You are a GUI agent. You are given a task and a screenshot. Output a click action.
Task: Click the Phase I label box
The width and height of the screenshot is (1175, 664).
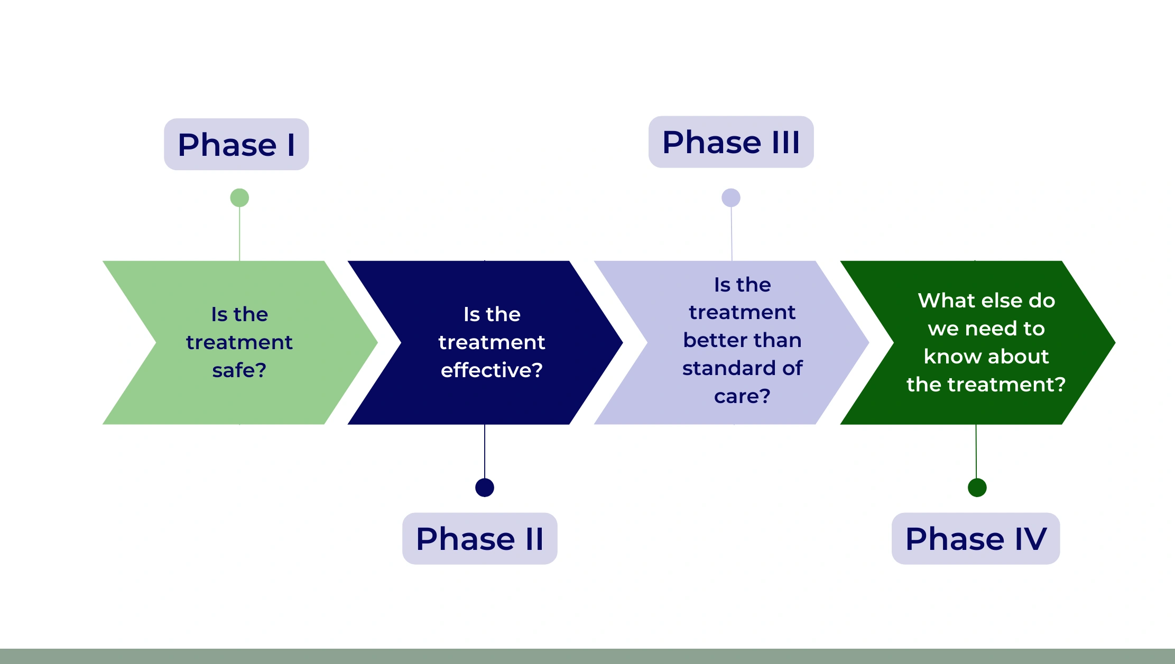236,144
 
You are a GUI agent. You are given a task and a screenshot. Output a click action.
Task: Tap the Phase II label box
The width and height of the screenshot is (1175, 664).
479,538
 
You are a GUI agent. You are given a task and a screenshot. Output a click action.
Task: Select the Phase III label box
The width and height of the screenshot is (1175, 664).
731,142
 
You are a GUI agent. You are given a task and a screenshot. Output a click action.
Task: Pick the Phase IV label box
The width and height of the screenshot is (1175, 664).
976,538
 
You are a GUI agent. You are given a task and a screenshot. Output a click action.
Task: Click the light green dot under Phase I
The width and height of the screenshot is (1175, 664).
239,198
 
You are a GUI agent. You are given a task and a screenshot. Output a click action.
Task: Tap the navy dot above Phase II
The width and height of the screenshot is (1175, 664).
485,487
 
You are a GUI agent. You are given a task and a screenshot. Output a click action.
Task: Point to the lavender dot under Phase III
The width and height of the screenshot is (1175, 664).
731,198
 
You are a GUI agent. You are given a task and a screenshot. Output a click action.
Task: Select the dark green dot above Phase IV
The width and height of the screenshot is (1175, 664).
977,487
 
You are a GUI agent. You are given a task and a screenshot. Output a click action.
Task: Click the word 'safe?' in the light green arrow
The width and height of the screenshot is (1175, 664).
239,370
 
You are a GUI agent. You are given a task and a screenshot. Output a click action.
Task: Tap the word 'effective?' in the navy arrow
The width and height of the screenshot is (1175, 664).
492,370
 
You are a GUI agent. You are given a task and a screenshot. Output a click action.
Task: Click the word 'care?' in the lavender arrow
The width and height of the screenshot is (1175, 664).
742,396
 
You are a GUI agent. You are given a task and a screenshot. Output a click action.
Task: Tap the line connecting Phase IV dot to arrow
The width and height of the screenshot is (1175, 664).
976,451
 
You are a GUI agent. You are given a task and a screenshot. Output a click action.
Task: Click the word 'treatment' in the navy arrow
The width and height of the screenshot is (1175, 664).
492,342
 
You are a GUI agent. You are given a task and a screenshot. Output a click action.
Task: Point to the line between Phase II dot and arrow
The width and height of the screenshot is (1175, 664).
485,451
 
